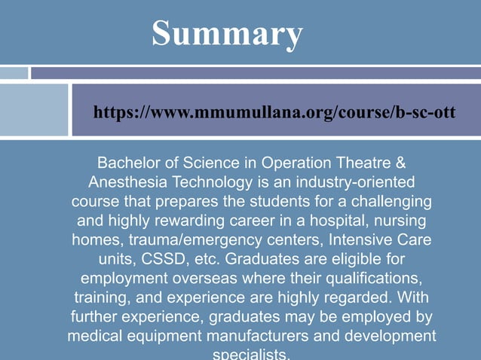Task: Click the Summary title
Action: [x=228, y=34]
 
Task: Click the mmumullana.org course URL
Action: [x=274, y=112]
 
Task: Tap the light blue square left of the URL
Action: [x=34, y=110]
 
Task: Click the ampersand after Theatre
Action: [x=401, y=163]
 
